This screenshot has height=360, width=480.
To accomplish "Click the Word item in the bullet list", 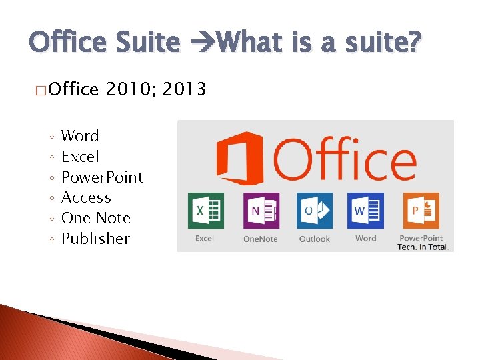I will point(79,136).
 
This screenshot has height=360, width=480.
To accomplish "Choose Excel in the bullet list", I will point(80,157).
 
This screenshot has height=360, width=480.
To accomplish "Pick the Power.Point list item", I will point(102,177).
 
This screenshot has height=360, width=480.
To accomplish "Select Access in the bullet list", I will point(86,197).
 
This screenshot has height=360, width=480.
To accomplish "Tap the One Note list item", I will point(95,218).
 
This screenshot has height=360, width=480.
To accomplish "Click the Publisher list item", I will point(95,239).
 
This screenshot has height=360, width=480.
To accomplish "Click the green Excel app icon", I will point(205,211).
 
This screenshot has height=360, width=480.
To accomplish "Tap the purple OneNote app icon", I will point(261,211).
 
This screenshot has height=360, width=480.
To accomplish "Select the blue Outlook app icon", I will point(315,211).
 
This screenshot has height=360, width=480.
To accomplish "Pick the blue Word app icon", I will point(365,211).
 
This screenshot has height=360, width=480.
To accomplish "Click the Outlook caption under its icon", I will point(315,239).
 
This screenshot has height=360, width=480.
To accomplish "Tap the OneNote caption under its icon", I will point(261,239).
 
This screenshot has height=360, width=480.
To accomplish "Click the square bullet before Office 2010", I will point(40,90).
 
